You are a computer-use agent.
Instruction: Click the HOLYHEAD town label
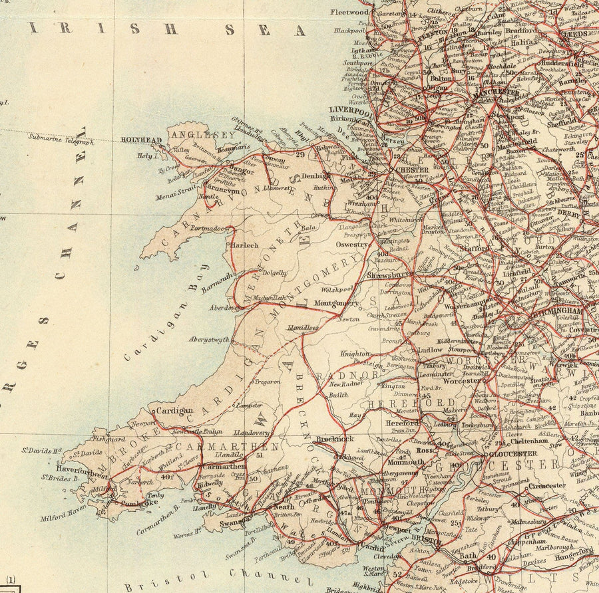[141, 140]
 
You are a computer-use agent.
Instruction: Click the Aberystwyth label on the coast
[208, 340]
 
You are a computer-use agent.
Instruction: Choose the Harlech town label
[244, 245]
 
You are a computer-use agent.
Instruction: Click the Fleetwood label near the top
[351, 12]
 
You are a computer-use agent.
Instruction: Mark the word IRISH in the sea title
[58, 28]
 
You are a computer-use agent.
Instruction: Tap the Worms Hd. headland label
[189, 533]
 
